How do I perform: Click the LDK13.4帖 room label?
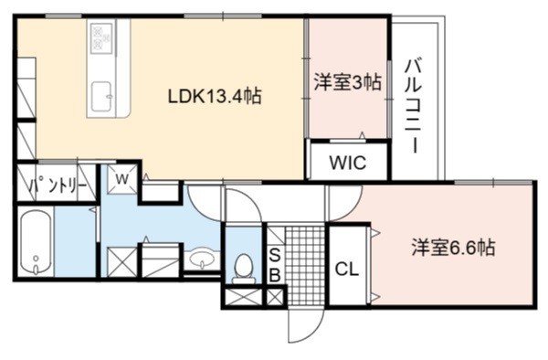[x=215, y=96]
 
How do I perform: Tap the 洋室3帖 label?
[x=347, y=82]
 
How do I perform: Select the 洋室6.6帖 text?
[x=453, y=248]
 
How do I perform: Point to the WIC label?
[x=348, y=163]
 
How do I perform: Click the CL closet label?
[x=347, y=270]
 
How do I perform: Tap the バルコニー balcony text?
[x=413, y=107]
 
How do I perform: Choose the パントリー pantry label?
[x=58, y=185]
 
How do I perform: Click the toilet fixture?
[x=244, y=269]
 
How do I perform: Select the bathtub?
[x=36, y=241]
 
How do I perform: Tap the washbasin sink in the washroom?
[x=202, y=259]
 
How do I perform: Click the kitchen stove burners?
[x=101, y=38]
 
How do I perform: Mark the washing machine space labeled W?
[x=122, y=179]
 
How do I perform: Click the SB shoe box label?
[x=275, y=266]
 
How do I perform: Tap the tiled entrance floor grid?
[x=305, y=266]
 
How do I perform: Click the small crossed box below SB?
[x=275, y=298]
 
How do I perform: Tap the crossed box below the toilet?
[x=243, y=298]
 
